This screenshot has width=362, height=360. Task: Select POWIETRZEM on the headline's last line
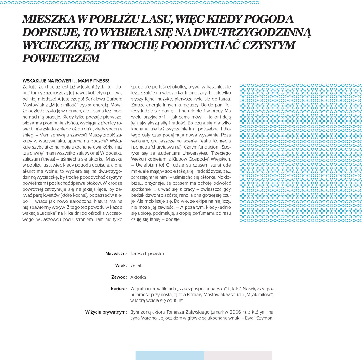(x=61, y=58)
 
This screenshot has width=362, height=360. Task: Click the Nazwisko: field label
(x=116, y=254)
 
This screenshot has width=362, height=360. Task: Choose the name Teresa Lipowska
(x=147, y=254)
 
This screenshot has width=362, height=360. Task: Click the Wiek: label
(x=121, y=266)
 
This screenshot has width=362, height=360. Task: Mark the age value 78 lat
(x=136, y=266)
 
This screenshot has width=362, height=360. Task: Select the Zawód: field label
(x=119, y=277)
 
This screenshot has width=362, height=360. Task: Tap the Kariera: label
(x=119, y=289)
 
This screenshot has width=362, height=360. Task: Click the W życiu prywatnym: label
(x=106, y=312)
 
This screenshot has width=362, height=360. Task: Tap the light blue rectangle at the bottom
(x=170, y=355)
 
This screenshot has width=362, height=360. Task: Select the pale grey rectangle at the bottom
(x=238, y=355)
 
